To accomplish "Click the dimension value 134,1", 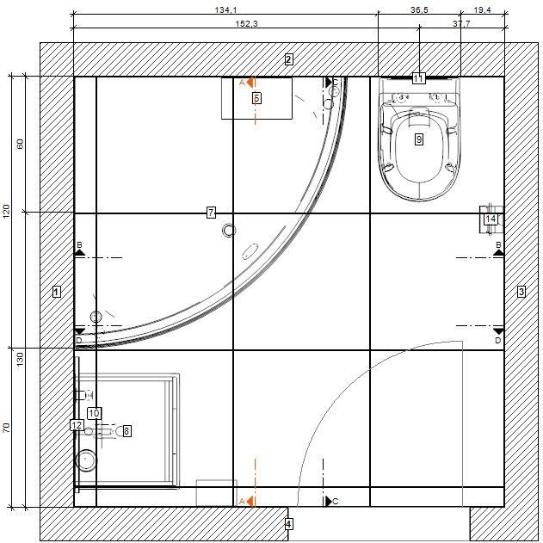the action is [225, 9].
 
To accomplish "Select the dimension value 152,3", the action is [246, 23].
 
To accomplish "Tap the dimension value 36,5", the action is [419, 9].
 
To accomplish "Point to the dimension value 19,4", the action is [482, 9].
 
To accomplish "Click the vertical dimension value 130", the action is [20, 359].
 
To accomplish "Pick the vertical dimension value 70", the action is [7, 428].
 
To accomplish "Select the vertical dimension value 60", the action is [20, 144].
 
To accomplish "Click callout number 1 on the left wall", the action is [57, 292].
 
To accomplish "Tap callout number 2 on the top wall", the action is [288, 59].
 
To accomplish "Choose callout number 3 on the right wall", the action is [521, 292].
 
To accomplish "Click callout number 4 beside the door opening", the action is [288, 524].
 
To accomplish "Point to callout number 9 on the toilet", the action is [419, 139].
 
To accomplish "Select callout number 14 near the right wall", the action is [491, 219].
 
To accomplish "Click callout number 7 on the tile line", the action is [211, 213].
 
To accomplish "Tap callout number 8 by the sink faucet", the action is [126, 431].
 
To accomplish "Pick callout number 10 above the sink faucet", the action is [94, 413].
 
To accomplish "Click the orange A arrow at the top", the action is [250, 83].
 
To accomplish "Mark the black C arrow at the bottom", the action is [329, 501].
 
